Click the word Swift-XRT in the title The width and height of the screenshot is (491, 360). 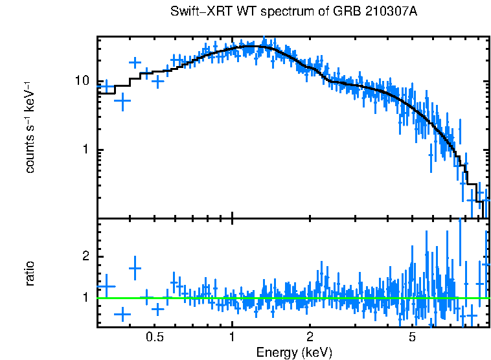pyautogui.click(x=194, y=12)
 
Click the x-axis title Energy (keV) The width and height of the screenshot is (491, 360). pyautogui.click(x=294, y=352)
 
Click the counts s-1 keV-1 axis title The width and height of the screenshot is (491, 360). pyautogui.click(x=30, y=128)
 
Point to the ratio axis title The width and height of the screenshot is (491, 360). pyautogui.click(x=30, y=273)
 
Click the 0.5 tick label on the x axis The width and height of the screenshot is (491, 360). pyautogui.click(x=154, y=337)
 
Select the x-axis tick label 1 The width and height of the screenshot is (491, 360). pyautogui.click(x=232, y=337)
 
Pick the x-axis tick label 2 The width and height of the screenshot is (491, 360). pyautogui.click(x=310, y=337)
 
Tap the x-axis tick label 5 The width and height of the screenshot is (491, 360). pyautogui.click(x=412, y=337)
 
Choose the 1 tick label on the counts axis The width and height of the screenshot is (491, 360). pyautogui.click(x=85, y=150)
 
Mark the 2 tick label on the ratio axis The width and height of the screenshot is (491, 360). pyautogui.click(x=85, y=256)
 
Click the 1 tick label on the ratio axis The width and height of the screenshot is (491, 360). pyautogui.click(x=85, y=298)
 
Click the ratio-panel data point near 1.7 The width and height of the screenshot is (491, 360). pyautogui.click(x=135, y=268)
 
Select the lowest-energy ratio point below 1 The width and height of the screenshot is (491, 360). pyautogui.click(x=122, y=314)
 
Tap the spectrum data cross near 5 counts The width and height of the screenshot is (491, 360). pyautogui.click(x=122, y=100)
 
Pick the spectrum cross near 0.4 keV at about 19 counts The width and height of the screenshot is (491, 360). pyautogui.click(x=135, y=63)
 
